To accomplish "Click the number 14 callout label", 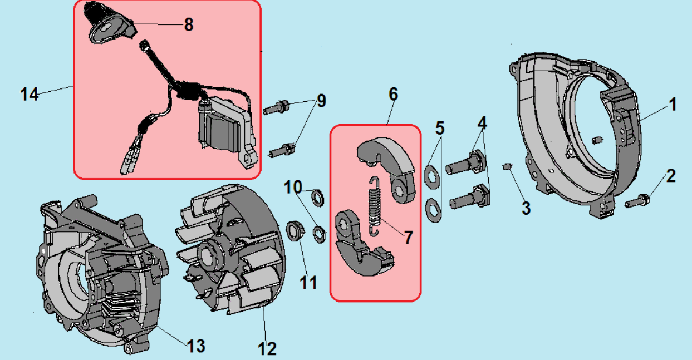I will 30,94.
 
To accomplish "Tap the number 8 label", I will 189,24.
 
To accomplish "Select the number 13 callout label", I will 196,346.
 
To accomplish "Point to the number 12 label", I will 267,349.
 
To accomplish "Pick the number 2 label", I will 670,176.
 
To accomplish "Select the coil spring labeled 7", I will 376,204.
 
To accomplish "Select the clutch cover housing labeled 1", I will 579,134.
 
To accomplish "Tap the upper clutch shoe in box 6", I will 390,164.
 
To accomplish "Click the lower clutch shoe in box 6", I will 362,242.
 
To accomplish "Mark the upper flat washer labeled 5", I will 432,174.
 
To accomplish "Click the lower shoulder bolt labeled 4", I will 470,198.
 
